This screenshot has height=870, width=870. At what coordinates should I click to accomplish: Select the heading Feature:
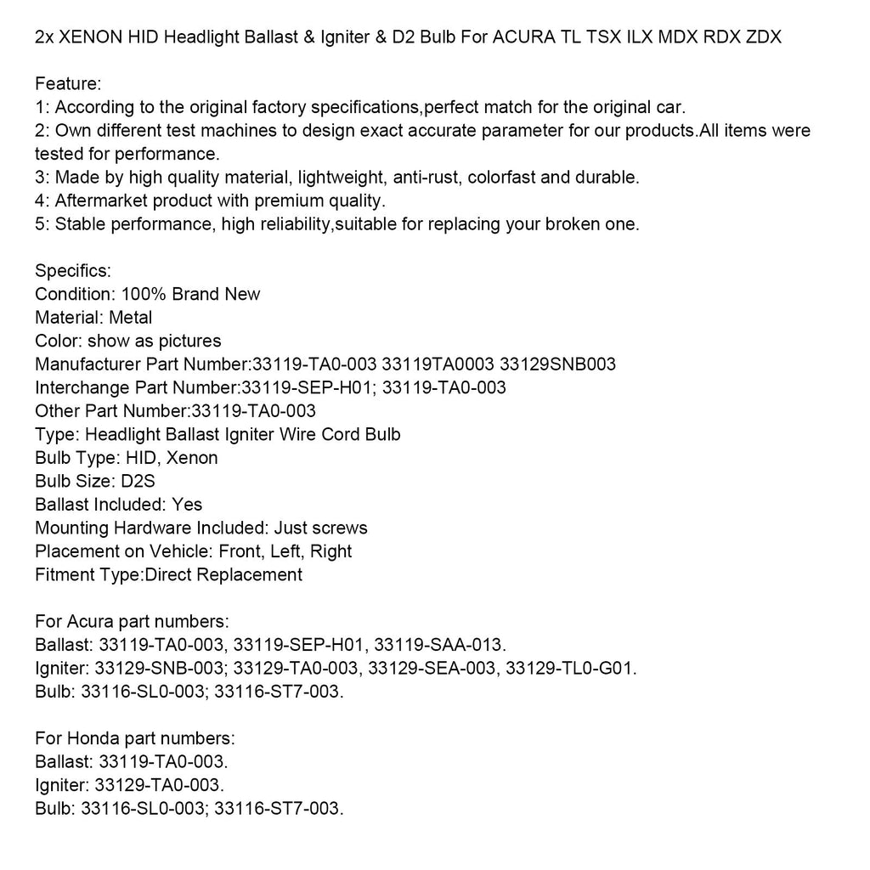click(x=69, y=84)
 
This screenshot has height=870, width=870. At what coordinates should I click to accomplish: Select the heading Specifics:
click(x=73, y=271)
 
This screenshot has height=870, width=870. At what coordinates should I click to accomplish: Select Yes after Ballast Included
click(x=187, y=505)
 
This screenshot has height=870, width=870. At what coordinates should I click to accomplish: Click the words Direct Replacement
click(x=224, y=574)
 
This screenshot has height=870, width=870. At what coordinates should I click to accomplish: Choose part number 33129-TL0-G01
click(x=571, y=668)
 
